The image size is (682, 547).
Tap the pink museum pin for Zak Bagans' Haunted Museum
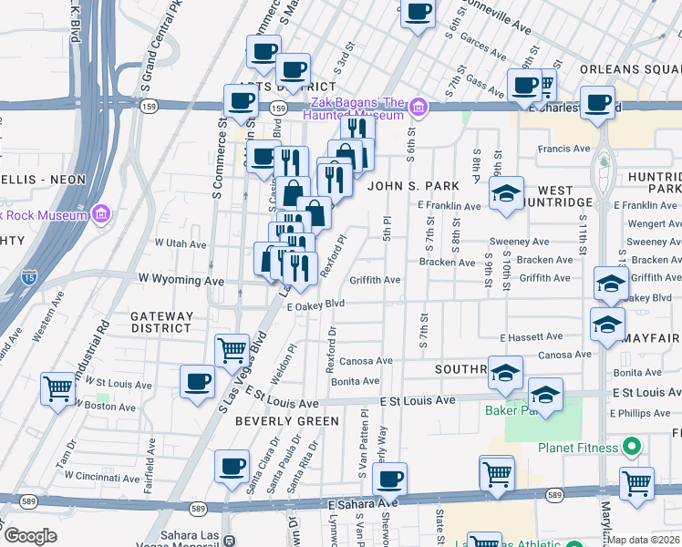click(418, 108)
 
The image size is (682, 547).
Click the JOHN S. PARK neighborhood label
click(410, 186)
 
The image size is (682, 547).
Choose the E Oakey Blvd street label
click(316, 306)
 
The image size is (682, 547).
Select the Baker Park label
click(506, 410)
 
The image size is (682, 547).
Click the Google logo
click(31, 536)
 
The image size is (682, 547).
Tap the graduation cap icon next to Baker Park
click(545, 395)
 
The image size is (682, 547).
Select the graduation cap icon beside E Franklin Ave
click(506, 193)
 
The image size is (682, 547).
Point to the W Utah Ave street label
click(181, 243)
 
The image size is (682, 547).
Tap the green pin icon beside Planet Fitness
click(629, 447)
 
